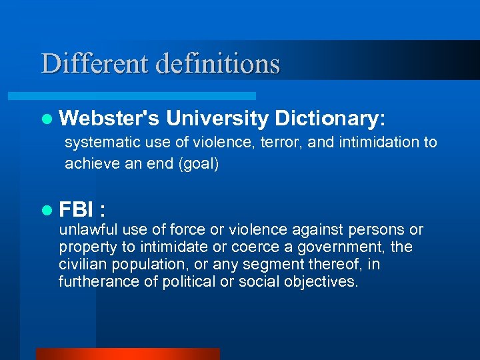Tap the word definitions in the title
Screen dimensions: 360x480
pyautogui.click(x=218, y=64)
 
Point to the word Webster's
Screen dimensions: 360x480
pyautogui.click(x=109, y=119)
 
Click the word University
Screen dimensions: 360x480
pyautogui.click(x=217, y=119)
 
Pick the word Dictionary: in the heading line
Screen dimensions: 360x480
pyautogui.click(x=330, y=119)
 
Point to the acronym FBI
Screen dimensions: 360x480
pyautogui.click(x=76, y=211)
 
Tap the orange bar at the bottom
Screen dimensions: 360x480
pyautogui.click(x=127, y=353)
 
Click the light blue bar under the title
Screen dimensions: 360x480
pyautogui.click(x=147, y=96)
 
